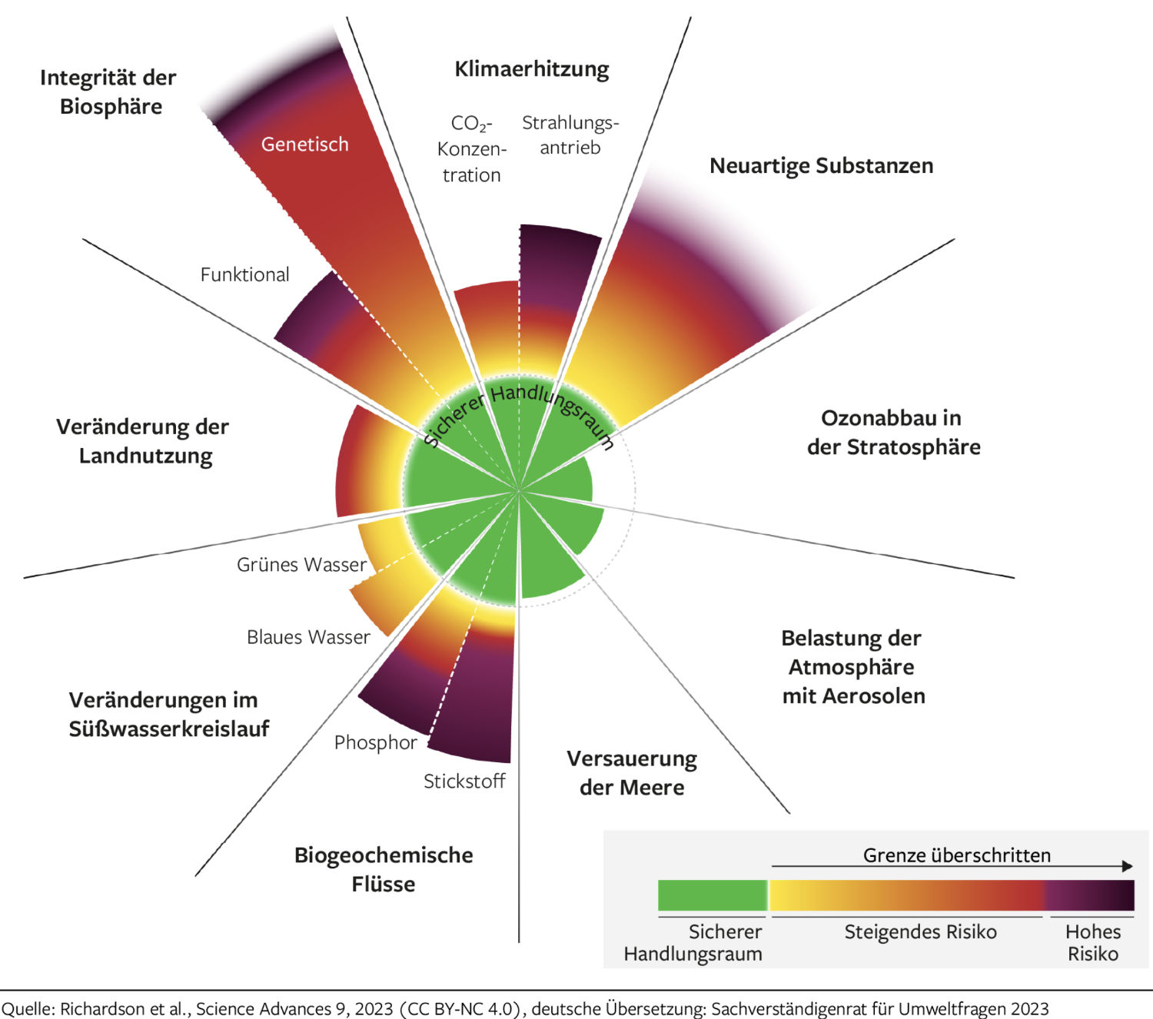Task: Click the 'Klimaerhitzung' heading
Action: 531,69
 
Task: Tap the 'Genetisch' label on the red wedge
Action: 304,144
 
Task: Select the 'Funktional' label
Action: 244,274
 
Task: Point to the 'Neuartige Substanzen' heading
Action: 821,166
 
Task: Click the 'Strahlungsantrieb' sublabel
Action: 570,135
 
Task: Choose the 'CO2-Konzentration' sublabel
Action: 471,149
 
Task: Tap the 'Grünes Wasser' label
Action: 301,565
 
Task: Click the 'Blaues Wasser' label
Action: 308,637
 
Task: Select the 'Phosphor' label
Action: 375,742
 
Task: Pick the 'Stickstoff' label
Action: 464,782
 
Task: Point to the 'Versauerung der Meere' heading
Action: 632,773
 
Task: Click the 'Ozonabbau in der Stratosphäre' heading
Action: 893,433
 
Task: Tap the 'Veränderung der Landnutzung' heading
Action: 143,441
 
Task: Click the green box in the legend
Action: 712,895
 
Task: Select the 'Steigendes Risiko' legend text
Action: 920,932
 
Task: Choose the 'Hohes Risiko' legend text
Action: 1092,943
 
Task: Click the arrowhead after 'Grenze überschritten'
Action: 1128,866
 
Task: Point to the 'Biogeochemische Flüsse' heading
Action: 384,869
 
